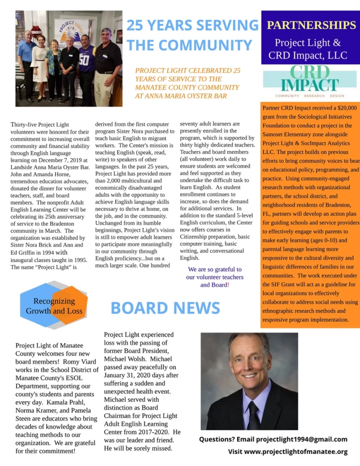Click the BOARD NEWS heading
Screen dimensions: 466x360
click(165, 308)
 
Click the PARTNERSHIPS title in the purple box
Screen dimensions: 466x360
click(311, 25)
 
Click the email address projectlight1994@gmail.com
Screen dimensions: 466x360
click(302, 439)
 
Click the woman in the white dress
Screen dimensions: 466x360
click(40, 64)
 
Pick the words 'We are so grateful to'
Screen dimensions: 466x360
click(215, 269)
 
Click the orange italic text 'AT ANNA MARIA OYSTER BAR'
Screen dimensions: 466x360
click(181, 96)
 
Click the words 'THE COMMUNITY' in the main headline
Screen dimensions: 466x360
click(189, 45)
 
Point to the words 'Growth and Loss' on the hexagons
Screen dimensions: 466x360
click(54, 311)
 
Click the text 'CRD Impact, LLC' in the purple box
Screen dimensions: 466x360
click(308, 56)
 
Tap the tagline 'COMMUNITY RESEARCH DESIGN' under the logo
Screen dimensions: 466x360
click(309, 96)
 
